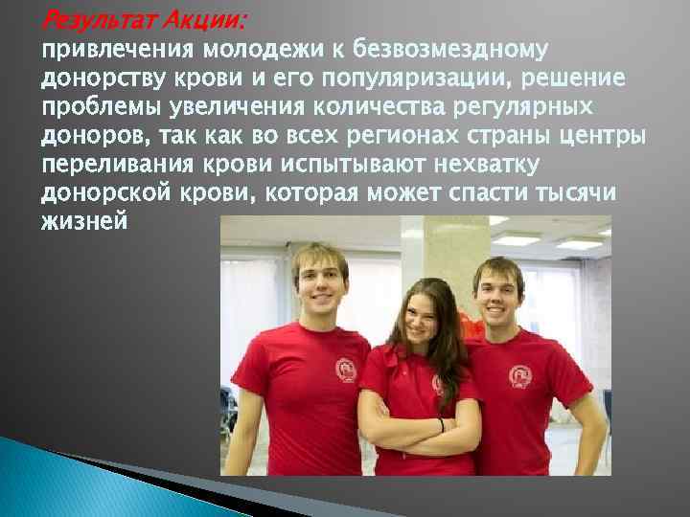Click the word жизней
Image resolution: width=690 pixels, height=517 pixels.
click(83, 222)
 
